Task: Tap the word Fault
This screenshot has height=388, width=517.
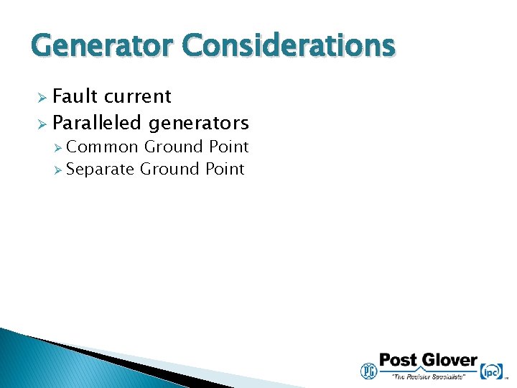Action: [76, 96]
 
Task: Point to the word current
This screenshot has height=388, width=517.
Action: [139, 96]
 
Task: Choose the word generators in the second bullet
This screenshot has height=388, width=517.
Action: [199, 124]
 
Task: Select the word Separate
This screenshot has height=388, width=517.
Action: [101, 169]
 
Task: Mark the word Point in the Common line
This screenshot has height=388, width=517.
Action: [228, 147]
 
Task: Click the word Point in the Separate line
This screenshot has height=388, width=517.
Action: [224, 169]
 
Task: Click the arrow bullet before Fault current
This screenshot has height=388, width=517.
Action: [41, 97]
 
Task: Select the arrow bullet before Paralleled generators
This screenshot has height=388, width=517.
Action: [41, 124]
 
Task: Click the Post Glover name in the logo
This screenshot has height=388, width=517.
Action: [428, 360]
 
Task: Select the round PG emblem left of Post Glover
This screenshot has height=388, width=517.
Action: [368, 370]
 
